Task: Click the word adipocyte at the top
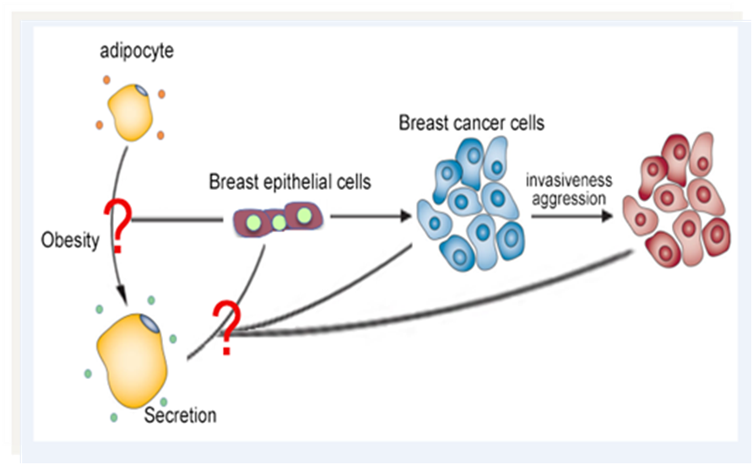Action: [137, 51]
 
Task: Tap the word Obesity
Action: [70, 240]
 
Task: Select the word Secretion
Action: [180, 415]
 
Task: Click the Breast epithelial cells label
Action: [290, 182]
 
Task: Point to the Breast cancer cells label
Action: [472, 123]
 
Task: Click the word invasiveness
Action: [569, 181]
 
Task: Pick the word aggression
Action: [569, 198]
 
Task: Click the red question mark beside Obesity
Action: [118, 225]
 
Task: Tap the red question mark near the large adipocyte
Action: [227, 328]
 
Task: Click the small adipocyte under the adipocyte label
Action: [130, 112]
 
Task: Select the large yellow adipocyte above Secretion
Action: [132, 360]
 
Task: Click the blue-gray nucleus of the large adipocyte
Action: [149, 324]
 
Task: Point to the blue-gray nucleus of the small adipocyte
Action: [142, 90]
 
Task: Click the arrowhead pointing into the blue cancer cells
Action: [406, 216]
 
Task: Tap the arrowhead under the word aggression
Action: [607, 216]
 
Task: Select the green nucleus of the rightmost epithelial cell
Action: [304, 215]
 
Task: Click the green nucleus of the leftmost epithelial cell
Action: [254, 223]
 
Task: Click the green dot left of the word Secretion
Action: [114, 418]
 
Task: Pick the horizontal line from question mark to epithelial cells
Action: [177, 219]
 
